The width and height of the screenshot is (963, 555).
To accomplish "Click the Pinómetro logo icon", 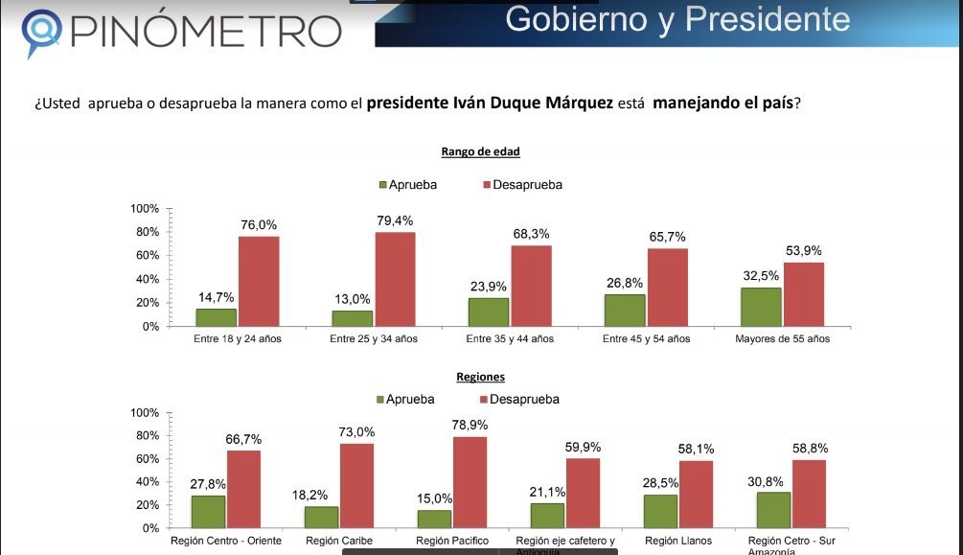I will (42, 32).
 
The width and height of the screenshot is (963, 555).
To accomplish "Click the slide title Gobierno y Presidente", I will (677, 18).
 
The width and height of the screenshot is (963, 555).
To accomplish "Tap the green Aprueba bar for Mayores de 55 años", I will (761, 307).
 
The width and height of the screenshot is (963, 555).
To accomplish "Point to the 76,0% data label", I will (258, 225).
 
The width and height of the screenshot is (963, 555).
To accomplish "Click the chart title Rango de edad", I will (480, 151).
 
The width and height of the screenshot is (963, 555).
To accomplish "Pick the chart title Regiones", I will (481, 378).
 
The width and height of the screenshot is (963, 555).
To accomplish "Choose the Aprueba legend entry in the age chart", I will (408, 185).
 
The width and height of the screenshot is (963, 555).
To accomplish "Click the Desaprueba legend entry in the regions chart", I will (518, 399).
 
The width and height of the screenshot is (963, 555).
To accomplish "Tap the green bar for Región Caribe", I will (322, 516).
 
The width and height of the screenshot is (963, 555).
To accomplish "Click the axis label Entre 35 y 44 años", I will (510, 339).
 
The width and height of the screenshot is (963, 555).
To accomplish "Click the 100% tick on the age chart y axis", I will (144, 208).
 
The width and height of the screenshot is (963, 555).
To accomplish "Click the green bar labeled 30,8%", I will (774, 509).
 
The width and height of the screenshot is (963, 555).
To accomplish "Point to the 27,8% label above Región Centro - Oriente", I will (208, 484).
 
